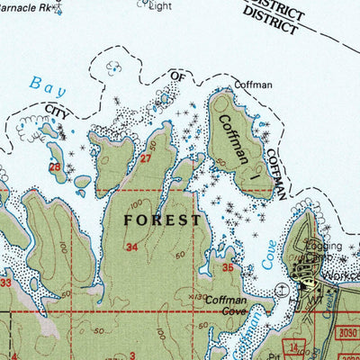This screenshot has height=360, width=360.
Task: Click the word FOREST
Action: coord(161,219)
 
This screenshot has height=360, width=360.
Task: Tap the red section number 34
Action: coord(132,247)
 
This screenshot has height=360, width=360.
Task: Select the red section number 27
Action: coord(146,159)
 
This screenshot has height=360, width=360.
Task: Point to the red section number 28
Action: coord(54,167)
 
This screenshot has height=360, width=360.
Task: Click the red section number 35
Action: coord(229,268)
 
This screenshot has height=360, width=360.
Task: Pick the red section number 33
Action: coord(5,283)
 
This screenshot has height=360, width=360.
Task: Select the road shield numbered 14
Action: coord(293,346)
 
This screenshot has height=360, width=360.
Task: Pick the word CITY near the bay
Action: coord(57,110)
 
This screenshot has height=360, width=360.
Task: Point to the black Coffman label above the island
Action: coord(253,85)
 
